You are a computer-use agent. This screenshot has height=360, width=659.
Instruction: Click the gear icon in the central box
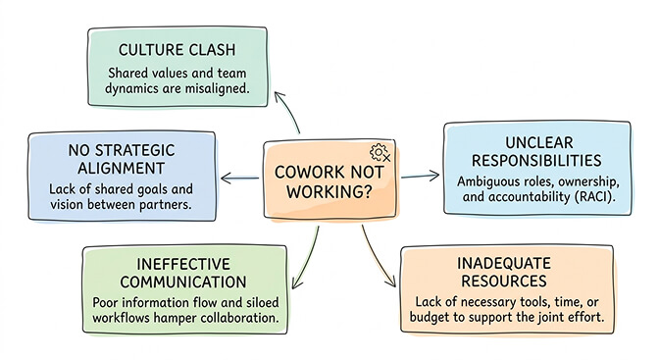(x=380, y=153)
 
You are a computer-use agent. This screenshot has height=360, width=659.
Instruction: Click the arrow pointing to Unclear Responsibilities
(x=422, y=177)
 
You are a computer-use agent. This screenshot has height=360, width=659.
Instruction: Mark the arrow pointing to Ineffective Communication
(x=302, y=254)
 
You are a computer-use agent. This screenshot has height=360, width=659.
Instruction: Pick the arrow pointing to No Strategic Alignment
(x=240, y=179)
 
